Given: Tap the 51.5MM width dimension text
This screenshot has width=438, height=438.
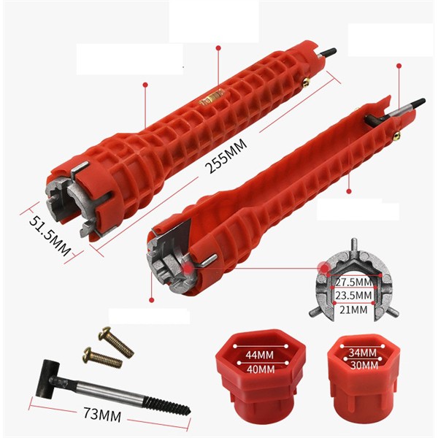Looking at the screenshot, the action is pyautogui.click(x=50, y=236).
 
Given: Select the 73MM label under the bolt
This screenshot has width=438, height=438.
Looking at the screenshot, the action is pyautogui.click(x=102, y=414).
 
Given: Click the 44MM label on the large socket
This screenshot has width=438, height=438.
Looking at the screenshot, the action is pyautogui.click(x=260, y=355).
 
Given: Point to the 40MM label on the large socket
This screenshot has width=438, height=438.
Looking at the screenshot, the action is pyautogui.click(x=261, y=369).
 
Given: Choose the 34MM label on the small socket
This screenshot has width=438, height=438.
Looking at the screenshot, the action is pyautogui.click(x=362, y=353).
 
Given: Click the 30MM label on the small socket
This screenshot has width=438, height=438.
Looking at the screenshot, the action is pyautogui.click(x=364, y=365).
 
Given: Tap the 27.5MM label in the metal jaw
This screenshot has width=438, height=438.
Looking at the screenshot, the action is pyautogui.click(x=353, y=282).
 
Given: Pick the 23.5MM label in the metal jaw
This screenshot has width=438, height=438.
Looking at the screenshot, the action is pyautogui.click(x=353, y=296).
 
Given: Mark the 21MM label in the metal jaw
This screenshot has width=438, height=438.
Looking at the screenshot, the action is pyautogui.click(x=353, y=310).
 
